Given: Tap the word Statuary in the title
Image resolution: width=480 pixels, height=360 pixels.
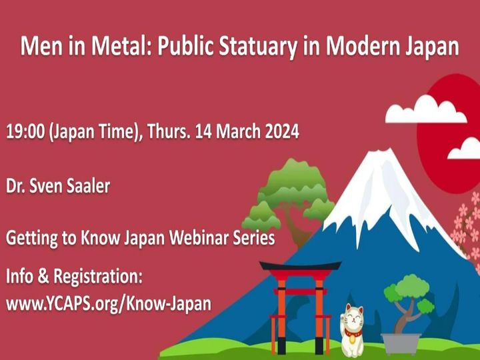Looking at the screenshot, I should pyautogui.click(x=263, y=48).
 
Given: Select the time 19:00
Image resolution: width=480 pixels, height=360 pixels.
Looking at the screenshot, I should pyautogui.click(x=25, y=131).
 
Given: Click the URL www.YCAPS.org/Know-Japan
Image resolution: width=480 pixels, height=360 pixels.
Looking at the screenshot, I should pyautogui.click(x=109, y=303).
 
